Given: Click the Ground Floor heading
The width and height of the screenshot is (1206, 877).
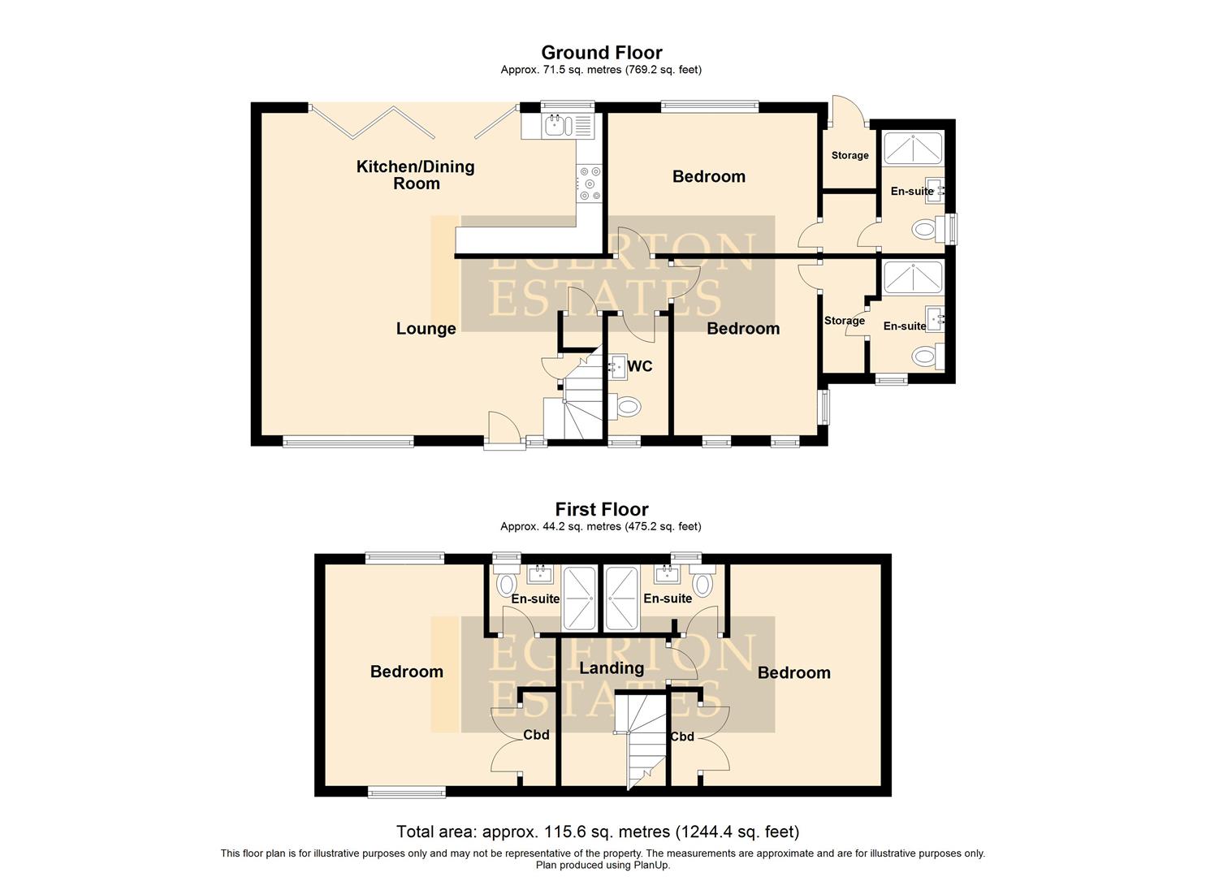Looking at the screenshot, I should pyautogui.click(x=601, y=53).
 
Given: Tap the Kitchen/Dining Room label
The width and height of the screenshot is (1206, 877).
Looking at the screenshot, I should pyautogui.click(x=415, y=175).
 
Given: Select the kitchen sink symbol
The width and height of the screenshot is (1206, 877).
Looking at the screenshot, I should pyautogui.click(x=556, y=125).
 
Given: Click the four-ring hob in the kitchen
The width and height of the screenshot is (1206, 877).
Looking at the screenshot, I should pyautogui.click(x=588, y=183).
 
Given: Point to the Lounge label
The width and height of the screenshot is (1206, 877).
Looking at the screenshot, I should pyautogui.click(x=426, y=329).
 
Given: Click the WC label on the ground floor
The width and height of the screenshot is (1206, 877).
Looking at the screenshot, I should pyautogui.click(x=640, y=367).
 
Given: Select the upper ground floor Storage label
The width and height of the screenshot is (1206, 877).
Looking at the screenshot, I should pyautogui.click(x=849, y=155).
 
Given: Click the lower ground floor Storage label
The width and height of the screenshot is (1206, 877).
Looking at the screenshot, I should pyautogui.click(x=844, y=321).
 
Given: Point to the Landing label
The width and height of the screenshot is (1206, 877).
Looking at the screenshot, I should pyautogui.click(x=611, y=668).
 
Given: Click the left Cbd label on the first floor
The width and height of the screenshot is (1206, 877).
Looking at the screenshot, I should pyautogui.click(x=536, y=735).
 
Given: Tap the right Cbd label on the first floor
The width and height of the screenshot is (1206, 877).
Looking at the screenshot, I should pyautogui.click(x=682, y=737).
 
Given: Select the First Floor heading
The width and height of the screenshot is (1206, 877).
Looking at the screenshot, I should pyautogui.click(x=601, y=509).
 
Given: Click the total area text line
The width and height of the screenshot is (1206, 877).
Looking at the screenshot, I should pyautogui.click(x=598, y=832).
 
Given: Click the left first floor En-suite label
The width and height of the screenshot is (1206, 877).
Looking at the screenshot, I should pyautogui.click(x=535, y=599).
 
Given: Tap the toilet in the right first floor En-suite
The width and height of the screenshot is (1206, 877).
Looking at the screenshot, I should pyautogui.click(x=702, y=583).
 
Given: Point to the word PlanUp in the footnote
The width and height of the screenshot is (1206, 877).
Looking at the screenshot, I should pyautogui.click(x=651, y=865).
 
